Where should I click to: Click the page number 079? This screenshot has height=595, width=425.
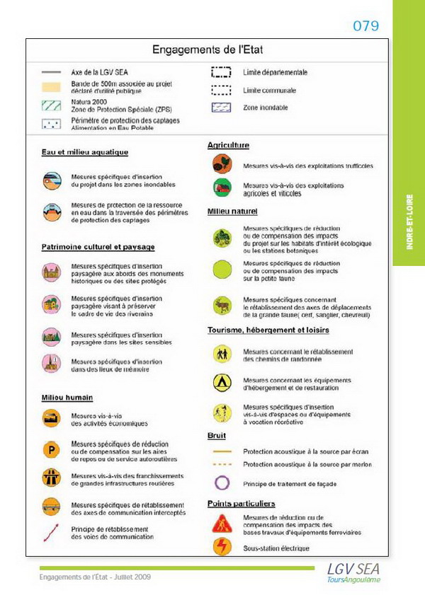pyautogui.click(x=366, y=26)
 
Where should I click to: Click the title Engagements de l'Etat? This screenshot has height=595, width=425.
pyautogui.click(x=207, y=50)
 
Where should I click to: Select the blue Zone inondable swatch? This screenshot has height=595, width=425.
pyautogui.click(x=222, y=108)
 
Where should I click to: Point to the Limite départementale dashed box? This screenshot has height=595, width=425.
pyautogui.click(x=222, y=72)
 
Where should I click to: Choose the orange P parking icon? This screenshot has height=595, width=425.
pyautogui.click(x=51, y=449)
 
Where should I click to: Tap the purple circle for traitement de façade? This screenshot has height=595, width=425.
pyautogui.click(x=222, y=483)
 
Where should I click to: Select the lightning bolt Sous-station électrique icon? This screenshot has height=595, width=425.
pyautogui.click(x=222, y=547)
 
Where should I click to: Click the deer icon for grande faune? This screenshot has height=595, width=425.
pyautogui.click(x=222, y=306)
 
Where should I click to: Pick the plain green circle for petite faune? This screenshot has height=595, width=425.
pyautogui.click(x=222, y=270)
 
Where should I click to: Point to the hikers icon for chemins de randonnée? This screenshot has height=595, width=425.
pyautogui.click(x=222, y=352)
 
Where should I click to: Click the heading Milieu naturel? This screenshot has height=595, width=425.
pyautogui.click(x=232, y=212)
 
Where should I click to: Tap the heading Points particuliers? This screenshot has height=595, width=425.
pyautogui.click(x=242, y=504)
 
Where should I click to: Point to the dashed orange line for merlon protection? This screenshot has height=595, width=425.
pyautogui.click(x=222, y=464)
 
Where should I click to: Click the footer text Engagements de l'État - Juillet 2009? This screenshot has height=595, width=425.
pyautogui.click(x=95, y=577)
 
